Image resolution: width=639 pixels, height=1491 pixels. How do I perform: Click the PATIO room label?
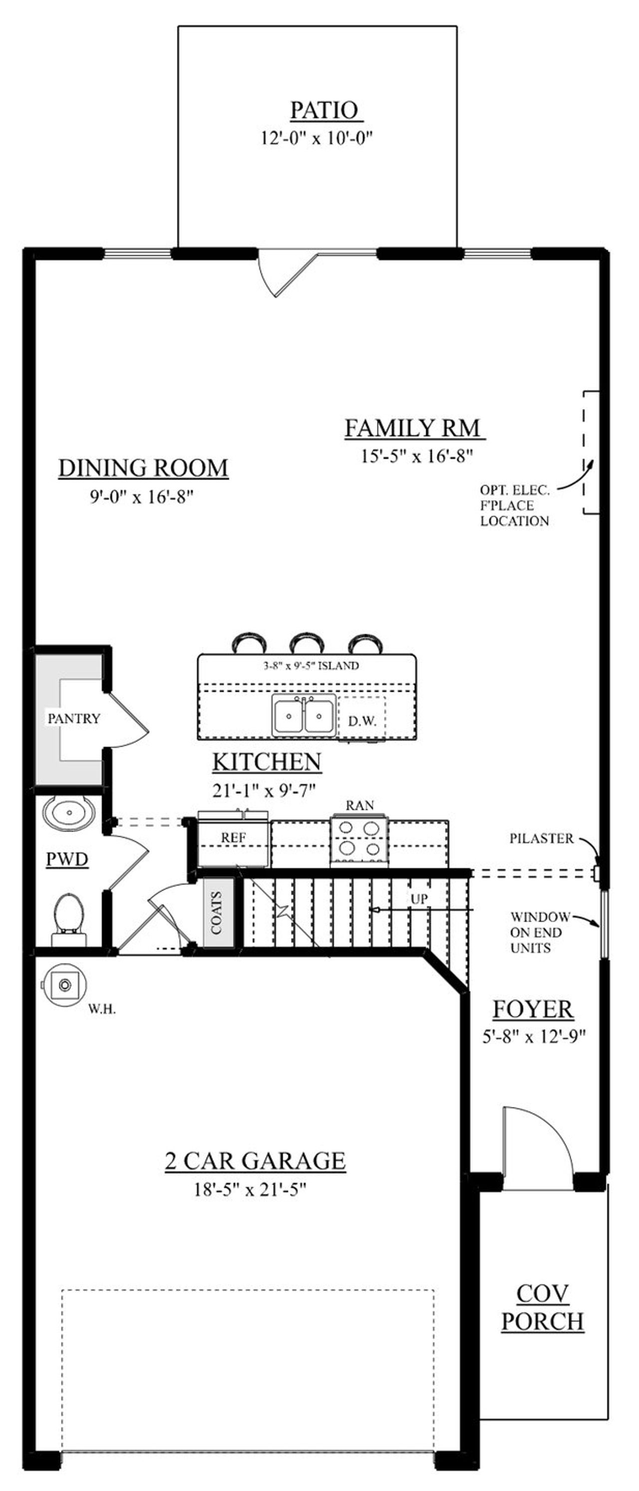(x=323, y=110)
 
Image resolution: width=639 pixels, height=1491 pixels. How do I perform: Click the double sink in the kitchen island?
(x=304, y=715)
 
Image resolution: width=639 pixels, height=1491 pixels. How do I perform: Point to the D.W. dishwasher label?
(x=362, y=722)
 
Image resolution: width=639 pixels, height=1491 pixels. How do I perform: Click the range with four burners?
(x=359, y=840)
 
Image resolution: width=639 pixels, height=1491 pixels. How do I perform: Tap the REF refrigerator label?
(x=233, y=837)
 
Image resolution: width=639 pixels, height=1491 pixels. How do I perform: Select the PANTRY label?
(x=73, y=718)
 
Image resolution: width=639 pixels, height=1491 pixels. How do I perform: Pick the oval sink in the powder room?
(x=68, y=812)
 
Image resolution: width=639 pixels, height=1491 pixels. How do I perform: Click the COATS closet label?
(x=217, y=913)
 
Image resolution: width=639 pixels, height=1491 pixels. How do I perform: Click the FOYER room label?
(x=533, y=1009)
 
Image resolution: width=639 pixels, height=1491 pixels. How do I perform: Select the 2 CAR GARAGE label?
(x=255, y=1161)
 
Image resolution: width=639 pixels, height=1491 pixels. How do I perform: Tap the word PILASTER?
(x=542, y=838)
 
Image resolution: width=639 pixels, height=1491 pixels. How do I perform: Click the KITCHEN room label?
(x=267, y=762)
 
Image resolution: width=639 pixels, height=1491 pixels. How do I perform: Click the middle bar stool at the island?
(x=307, y=643)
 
